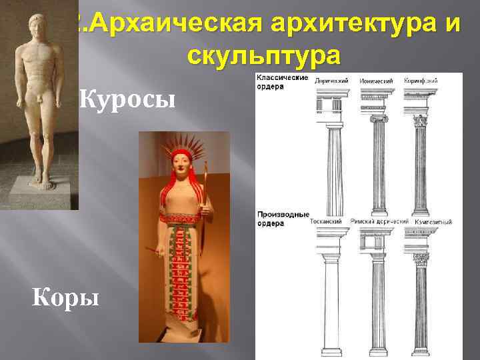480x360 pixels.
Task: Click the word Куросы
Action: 127,100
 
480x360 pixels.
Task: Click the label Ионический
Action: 377,81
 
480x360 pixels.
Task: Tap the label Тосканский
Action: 327,221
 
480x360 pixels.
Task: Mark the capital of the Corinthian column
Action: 421,122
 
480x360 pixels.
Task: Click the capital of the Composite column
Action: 421,259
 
